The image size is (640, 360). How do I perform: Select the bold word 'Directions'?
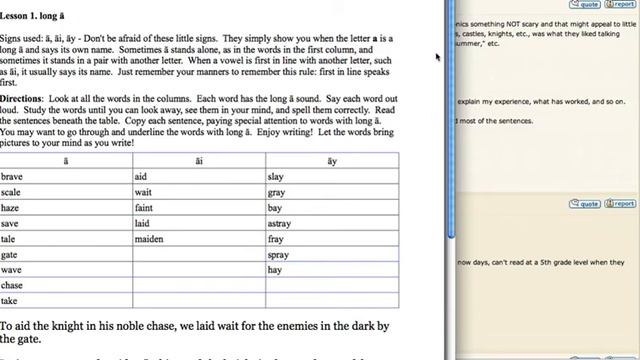22,99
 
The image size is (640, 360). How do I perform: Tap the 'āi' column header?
199,160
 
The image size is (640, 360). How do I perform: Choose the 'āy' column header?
332,160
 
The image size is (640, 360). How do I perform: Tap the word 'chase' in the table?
12,285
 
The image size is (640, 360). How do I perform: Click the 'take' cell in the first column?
10,301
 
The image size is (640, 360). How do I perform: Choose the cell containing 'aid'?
140,176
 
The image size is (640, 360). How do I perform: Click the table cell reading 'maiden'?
151,239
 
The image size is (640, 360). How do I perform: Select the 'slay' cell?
277,176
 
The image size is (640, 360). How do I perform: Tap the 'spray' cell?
280,255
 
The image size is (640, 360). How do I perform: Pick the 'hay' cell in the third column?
276,270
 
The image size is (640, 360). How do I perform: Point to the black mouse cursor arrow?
439,57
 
